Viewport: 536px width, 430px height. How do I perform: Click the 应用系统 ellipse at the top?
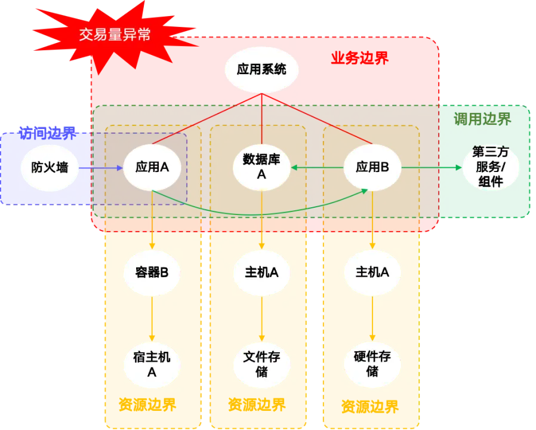click(x=261, y=69)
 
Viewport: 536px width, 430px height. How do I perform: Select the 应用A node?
click(x=152, y=167)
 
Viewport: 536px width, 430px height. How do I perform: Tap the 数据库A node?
click(x=261, y=167)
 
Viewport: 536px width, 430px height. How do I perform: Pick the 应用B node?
click(x=372, y=167)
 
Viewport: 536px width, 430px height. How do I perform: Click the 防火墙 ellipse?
click(x=50, y=167)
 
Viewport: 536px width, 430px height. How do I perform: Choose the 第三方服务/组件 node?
click(x=491, y=167)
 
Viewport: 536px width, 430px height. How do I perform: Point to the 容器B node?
click(x=152, y=272)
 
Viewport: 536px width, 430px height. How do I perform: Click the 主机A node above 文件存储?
click(x=261, y=272)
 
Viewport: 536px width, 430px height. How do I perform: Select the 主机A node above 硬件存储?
click(x=372, y=272)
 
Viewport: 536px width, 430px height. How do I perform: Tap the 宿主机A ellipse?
click(x=152, y=364)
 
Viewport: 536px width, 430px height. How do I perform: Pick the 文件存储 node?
click(x=261, y=364)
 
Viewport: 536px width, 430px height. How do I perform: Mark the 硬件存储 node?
click(x=372, y=364)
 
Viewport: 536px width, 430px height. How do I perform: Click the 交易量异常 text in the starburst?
click(x=115, y=35)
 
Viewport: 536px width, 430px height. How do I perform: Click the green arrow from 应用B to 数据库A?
click(x=317, y=168)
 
